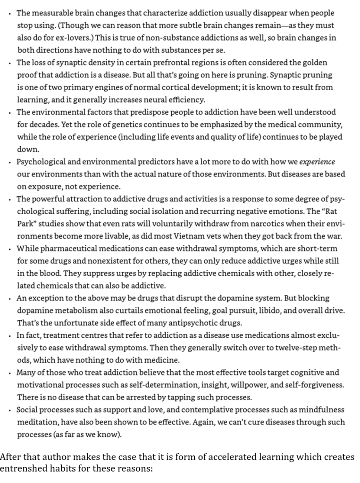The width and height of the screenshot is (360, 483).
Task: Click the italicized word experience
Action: coord(318,161)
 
